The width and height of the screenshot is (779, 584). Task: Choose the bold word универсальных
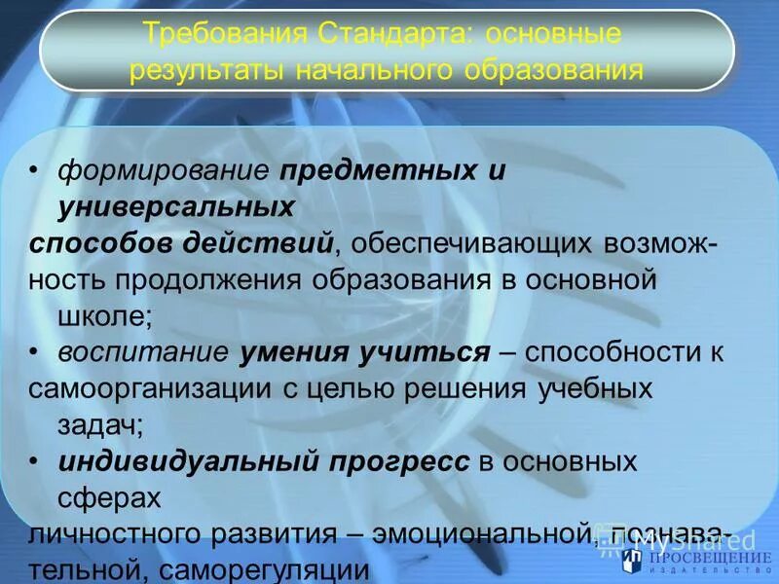pos(176,206)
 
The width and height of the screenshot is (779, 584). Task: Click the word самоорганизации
pos(140,388)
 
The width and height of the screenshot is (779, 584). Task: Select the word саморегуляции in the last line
pos(259,569)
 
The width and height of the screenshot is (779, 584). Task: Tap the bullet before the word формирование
pos(34,172)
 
